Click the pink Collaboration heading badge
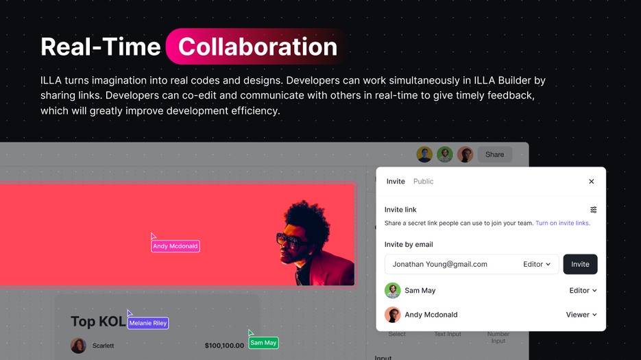point(257,47)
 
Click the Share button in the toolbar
point(494,154)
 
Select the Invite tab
point(396,182)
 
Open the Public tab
point(423,182)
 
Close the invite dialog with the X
point(592,182)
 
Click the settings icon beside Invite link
point(594,210)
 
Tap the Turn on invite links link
point(562,224)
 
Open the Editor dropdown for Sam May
point(583,291)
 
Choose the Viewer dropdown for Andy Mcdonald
point(581,315)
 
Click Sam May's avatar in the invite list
point(393,291)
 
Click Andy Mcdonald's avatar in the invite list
point(393,315)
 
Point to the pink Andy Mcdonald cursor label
point(176,246)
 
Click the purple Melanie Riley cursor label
point(148,323)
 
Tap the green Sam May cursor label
point(263,343)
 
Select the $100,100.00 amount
point(224,346)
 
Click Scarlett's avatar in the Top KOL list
point(78,346)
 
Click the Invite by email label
point(409,245)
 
